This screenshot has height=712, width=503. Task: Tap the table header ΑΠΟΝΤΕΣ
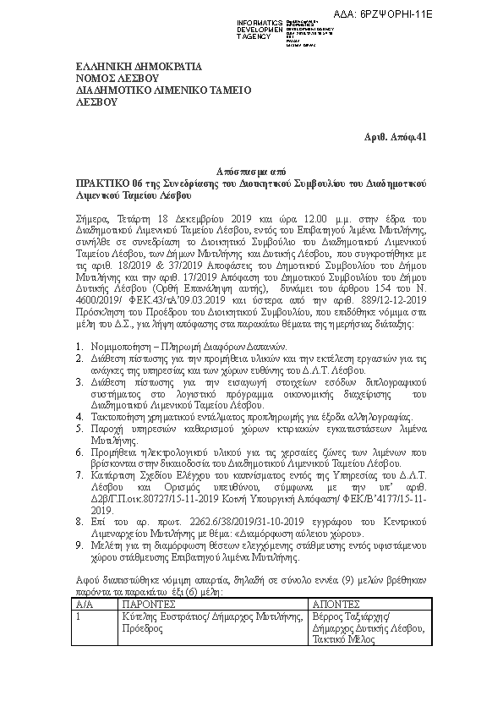coord(337,606)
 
